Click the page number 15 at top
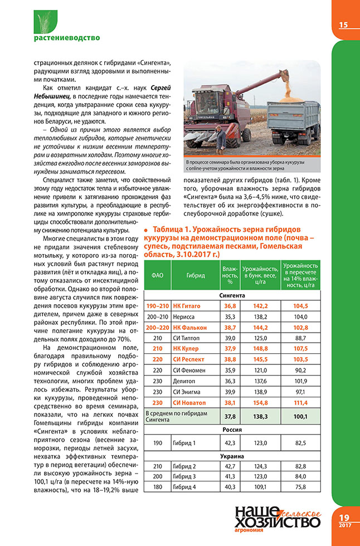point(343,25)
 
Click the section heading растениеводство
point(67,38)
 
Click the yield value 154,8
point(261,402)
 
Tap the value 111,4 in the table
point(301,402)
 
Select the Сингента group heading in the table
point(233,295)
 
